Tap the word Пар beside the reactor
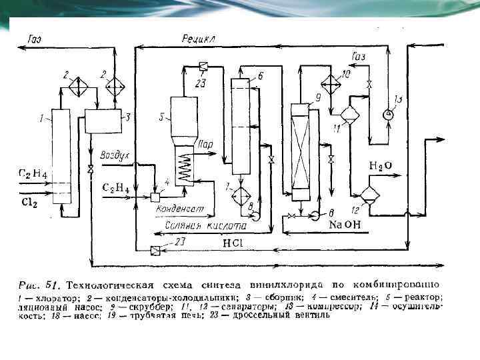pyautogui.click(x=206, y=143)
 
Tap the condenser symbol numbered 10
pyautogui.click(x=330, y=85)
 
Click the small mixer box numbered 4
pyautogui.click(x=155, y=197)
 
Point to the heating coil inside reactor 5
pyautogui.click(x=185, y=167)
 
